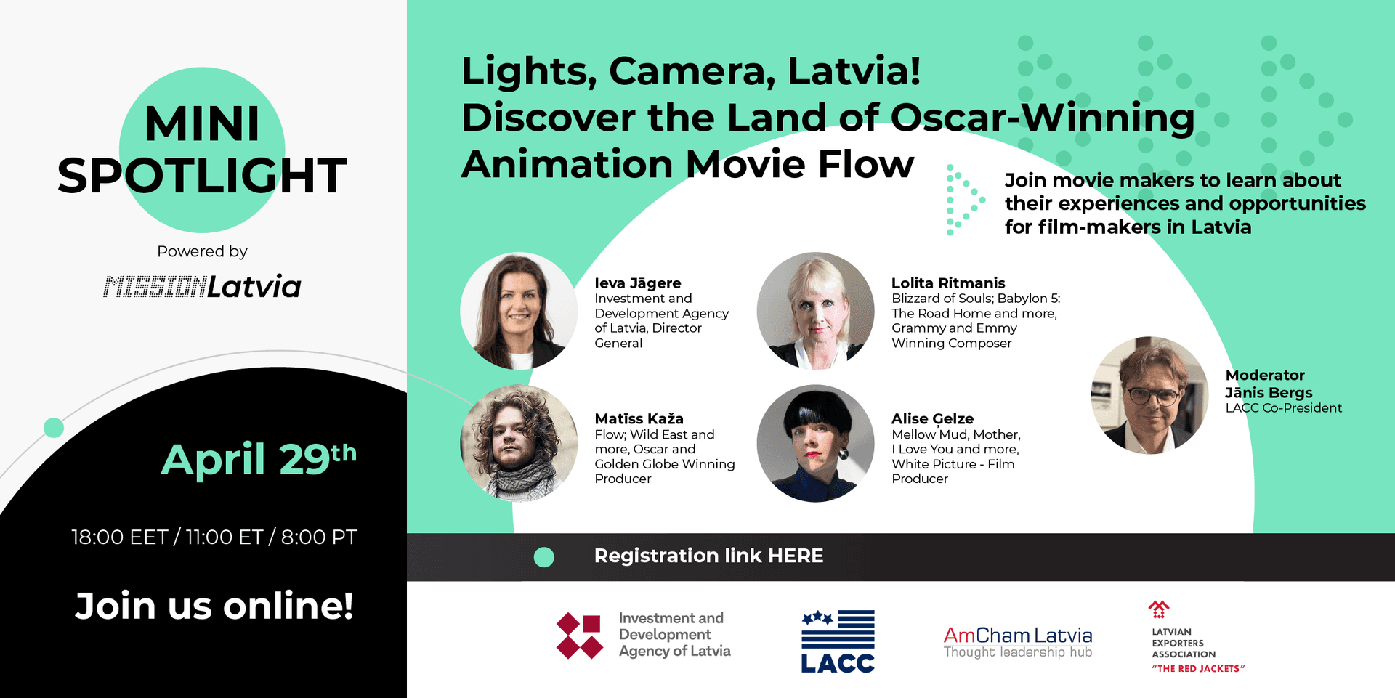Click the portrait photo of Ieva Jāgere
point(519,311)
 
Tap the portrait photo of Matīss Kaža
point(519,443)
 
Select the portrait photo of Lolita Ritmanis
point(816,311)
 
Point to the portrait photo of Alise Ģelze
point(816,443)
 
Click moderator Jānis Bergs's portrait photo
point(1150,395)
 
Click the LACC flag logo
point(838,641)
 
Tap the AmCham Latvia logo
point(1018,642)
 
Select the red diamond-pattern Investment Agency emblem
point(580,636)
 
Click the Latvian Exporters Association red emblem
point(1159,609)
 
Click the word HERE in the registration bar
point(796,556)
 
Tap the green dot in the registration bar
point(544,557)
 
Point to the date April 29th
point(259,458)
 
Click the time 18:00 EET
point(120,537)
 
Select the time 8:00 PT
point(319,537)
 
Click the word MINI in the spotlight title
point(202,123)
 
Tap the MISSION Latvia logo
point(202,287)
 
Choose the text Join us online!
point(214,605)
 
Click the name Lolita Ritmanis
point(948,283)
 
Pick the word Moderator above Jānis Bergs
point(1265,375)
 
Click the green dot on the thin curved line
point(54,428)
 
